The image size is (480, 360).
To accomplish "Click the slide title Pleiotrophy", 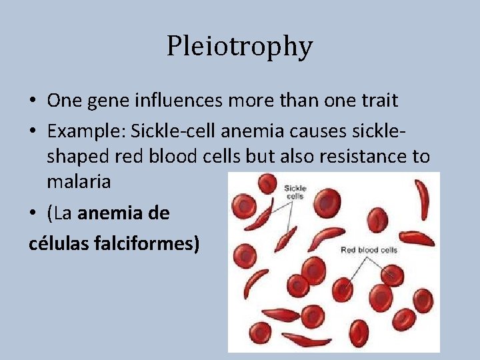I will pyautogui.click(x=239, y=46).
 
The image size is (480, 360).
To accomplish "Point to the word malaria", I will pyautogui.click(x=79, y=181).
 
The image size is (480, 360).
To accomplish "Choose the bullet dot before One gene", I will pyautogui.click(x=33, y=101).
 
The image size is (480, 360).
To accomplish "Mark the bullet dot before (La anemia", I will pyautogui.click(x=33, y=214).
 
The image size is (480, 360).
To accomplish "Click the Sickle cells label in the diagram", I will pyautogui.click(x=294, y=192).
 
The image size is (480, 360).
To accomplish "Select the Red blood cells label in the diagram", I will pyautogui.click(x=368, y=250).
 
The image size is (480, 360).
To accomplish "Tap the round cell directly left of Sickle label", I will pyautogui.click(x=267, y=183).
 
